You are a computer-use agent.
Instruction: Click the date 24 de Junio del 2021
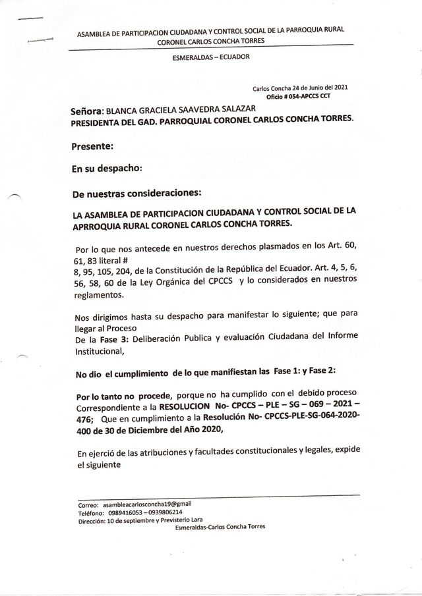click(318, 87)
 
